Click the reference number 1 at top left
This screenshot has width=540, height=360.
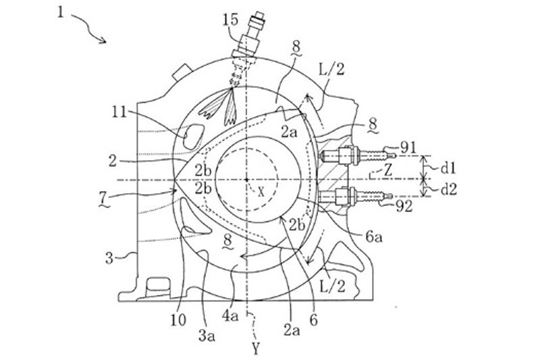click(60, 13)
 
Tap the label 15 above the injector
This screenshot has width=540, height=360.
click(230, 20)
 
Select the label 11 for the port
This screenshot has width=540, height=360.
click(120, 112)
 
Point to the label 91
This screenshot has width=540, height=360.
click(408, 148)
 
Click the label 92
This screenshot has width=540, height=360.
click(404, 207)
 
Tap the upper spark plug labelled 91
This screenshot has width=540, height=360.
click(357, 155)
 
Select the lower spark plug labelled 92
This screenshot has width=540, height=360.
click(356, 197)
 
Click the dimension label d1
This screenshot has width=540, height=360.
click(448, 168)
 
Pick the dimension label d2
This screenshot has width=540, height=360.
click(448, 189)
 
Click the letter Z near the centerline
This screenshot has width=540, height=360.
click(388, 171)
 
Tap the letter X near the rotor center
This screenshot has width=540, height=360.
click(261, 192)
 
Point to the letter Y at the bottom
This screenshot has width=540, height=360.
click(255, 349)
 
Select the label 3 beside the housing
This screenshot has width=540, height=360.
click(109, 258)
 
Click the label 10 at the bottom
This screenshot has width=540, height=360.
click(178, 320)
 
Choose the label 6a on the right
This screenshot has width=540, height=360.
click(374, 237)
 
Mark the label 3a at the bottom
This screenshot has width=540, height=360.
click(207, 336)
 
